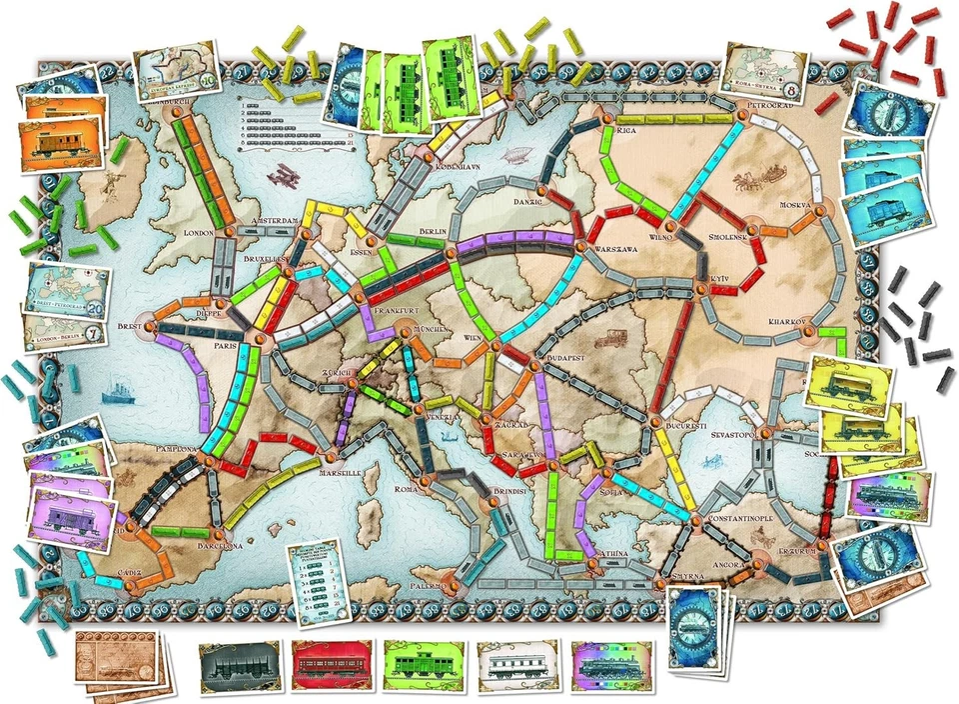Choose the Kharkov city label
[x=789, y=322]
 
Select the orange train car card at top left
[x=62, y=143]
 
